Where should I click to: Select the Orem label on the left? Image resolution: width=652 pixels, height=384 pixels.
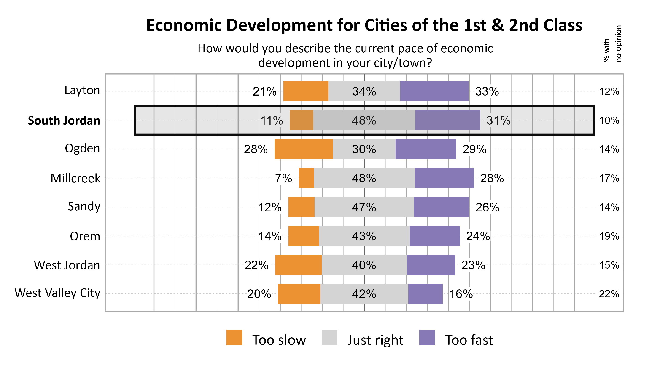click(x=85, y=236)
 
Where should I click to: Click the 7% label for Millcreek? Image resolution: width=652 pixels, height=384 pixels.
click(x=283, y=178)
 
